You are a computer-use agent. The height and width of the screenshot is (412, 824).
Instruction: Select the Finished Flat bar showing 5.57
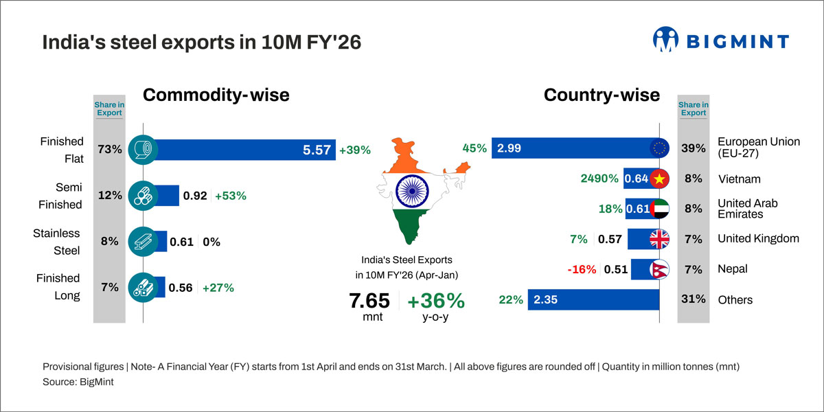(x=240, y=150)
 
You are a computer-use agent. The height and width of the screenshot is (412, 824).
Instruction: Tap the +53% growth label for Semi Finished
(x=230, y=196)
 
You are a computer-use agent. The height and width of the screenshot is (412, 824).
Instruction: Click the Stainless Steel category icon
(x=143, y=242)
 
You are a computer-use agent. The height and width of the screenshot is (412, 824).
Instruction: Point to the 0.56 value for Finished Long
(x=181, y=288)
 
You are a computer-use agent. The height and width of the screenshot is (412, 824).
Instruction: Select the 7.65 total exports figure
(x=369, y=301)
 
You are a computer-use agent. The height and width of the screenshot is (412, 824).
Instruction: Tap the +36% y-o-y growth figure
(x=435, y=301)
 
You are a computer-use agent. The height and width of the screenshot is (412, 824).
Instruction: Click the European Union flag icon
(x=659, y=148)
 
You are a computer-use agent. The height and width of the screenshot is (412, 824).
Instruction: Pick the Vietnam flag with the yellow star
(x=659, y=179)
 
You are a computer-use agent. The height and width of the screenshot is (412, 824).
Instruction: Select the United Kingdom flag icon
(x=659, y=239)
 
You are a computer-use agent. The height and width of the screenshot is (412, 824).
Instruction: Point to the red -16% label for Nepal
(x=582, y=269)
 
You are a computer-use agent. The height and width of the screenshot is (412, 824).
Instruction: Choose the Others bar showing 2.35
(x=594, y=299)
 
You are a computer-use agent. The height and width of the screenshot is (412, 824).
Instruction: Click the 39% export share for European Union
(x=693, y=148)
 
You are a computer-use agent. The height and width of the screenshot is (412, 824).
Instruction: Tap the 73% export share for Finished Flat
(x=109, y=150)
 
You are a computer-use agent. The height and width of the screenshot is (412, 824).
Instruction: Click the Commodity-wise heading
(x=216, y=95)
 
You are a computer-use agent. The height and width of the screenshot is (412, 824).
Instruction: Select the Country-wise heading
(x=602, y=95)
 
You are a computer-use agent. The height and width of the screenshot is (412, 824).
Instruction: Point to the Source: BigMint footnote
(x=78, y=382)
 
